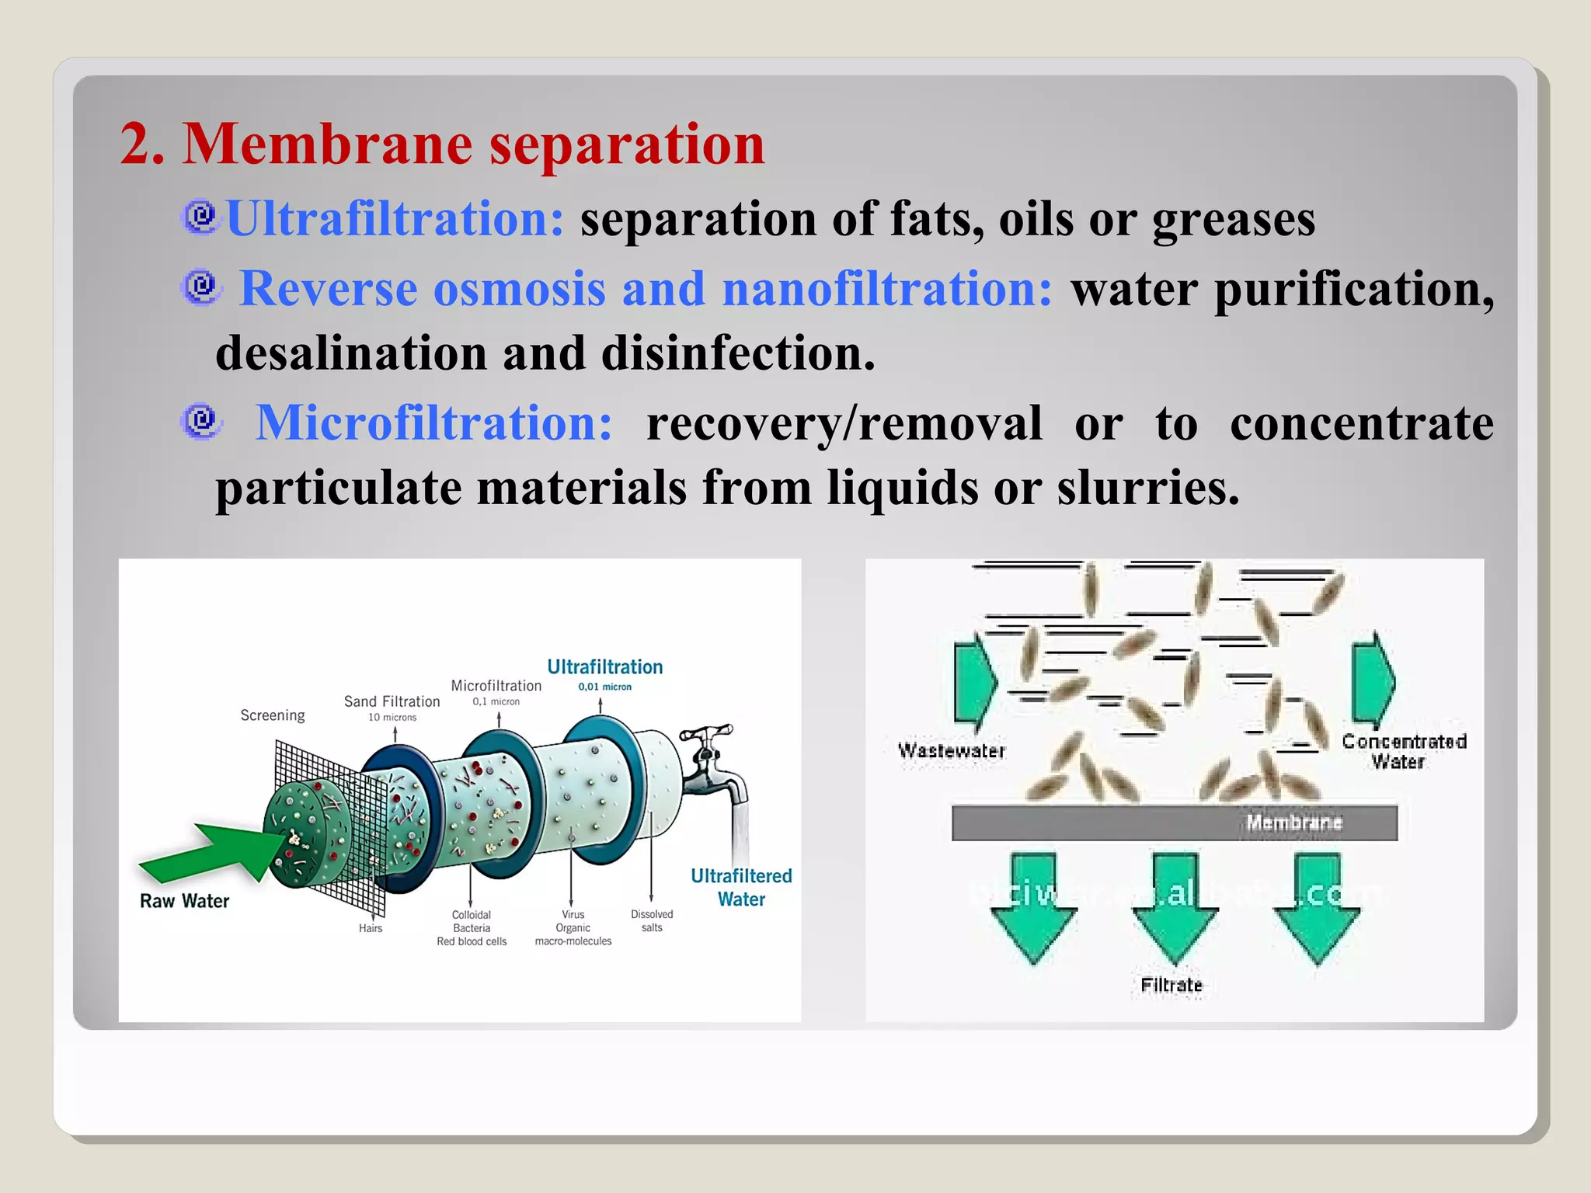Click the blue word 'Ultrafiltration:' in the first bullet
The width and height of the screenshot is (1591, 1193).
click(x=395, y=218)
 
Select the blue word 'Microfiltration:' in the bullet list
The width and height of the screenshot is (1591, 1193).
click(x=434, y=423)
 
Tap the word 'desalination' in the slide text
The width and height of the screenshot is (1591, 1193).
click(x=350, y=353)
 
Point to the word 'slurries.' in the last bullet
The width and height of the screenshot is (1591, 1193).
click(x=1147, y=489)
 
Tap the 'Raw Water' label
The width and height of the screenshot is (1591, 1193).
click(x=184, y=901)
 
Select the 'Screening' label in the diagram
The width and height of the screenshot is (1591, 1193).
click(x=272, y=715)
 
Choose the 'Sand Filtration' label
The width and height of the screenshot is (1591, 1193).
click(x=392, y=701)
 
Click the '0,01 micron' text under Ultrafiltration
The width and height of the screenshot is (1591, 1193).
click(x=604, y=687)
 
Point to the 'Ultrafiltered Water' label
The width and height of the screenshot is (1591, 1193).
click(x=741, y=888)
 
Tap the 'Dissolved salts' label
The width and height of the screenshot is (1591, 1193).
click(x=652, y=921)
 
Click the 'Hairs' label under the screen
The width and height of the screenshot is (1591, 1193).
click(x=371, y=928)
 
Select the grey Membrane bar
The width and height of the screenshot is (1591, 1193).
click(x=1174, y=823)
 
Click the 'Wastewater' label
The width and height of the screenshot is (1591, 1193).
click(x=951, y=751)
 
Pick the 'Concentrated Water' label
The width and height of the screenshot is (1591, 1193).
click(x=1403, y=751)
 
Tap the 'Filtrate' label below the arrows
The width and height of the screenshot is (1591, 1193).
click(x=1171, y=985)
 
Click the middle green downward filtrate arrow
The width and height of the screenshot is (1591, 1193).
click(x=1174, y=906)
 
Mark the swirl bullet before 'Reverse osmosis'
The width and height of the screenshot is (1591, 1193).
click(x=202, y=287)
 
